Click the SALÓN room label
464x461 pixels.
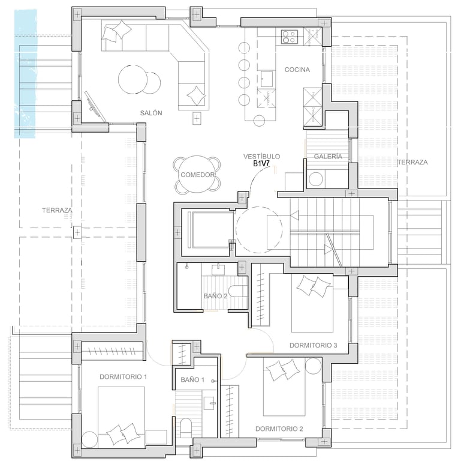(x=151, y=113)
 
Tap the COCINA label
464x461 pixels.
(x=297, y=70)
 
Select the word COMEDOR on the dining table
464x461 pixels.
(x=197, y=175)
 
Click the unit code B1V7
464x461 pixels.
(x=261, y=163)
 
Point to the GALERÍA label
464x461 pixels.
(x=328, y=157)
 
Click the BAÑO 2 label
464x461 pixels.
(x=215, y=296)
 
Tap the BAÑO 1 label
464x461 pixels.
(x=192, y=379)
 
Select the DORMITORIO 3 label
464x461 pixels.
(x=314, y=345)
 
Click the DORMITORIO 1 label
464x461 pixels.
(x=123, y=377)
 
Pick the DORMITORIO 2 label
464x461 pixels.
(x=279, y=429)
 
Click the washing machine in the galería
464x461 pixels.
(x=316, y=179)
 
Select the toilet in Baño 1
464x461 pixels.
(x=186, y=427)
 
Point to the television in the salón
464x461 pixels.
(x=95, y=106)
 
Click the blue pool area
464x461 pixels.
(x=26, y=73)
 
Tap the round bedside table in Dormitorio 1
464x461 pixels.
(x=89, y=439)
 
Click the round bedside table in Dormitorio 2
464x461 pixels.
(x=313, y=366)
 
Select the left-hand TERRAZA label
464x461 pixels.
(x=57, y=210)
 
